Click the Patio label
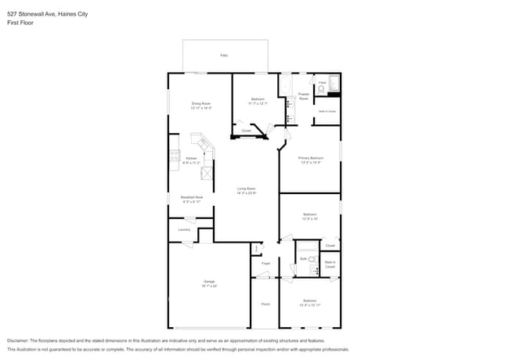click(224, 56)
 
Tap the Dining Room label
click(201, 104)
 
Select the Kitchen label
click(191, 159)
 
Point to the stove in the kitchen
click(173, 159)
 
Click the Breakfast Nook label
click(192, 198)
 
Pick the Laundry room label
click(184, 229)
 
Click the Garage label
click(209, 281)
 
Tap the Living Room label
click(247, 189)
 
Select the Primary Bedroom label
click(310, 158)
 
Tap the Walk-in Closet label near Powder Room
click(327, 111)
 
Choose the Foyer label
click(265, 264)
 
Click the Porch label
click(265, 304)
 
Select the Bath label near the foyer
click(303, 258)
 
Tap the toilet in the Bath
click(311, 259)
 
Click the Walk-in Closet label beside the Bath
click(330, 265)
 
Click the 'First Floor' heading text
click(20, 23)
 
